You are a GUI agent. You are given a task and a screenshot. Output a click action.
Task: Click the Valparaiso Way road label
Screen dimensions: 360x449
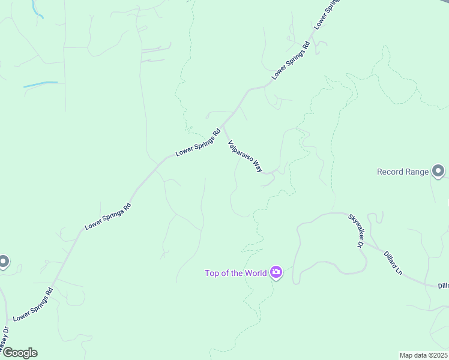coord(245,157)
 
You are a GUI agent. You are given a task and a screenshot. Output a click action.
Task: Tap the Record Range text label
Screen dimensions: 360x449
coord(403,172)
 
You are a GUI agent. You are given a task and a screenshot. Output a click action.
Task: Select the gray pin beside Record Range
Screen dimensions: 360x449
coord(439,171)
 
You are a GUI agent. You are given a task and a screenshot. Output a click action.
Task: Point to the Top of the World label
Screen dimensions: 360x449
coord(235,273)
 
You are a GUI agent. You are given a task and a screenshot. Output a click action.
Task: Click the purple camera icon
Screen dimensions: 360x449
coord(276,273)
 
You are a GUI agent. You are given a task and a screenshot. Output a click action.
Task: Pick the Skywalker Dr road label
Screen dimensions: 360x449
coord(356,231)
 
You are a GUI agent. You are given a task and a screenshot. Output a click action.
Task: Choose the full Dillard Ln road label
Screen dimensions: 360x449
coord(393,262)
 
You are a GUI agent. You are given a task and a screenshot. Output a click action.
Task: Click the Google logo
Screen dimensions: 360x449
coord(19,353)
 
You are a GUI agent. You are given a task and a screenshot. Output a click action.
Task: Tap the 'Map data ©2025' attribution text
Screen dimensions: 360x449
coord(423,355)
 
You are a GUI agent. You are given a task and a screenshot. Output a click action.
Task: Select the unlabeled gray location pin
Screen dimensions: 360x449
coord(3,262)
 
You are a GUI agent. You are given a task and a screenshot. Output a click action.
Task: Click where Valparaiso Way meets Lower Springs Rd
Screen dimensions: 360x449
coord(223,127)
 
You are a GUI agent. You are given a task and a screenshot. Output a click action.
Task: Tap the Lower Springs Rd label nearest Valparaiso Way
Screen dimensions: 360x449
coord(199,143)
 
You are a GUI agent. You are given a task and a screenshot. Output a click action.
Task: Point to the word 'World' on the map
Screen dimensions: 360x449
coord(255,273)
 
